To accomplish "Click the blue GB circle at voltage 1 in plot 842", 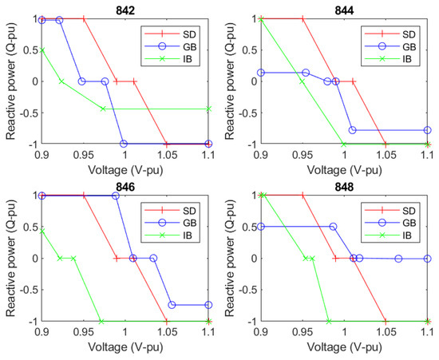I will [x=124, y=144].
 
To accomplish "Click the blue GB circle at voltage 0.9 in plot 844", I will [x=260, y=73].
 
